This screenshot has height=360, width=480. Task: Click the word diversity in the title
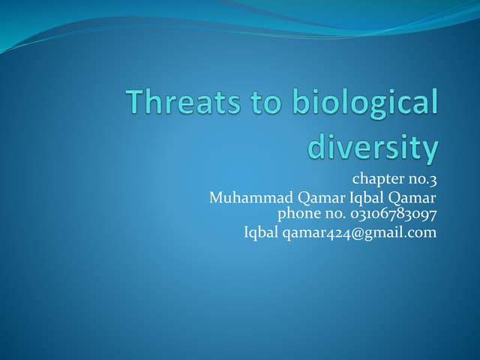coord(373,148)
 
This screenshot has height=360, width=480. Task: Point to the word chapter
coord(377,179)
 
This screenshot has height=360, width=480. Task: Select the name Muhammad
coord(243,198)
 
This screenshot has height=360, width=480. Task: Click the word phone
coord(298,214)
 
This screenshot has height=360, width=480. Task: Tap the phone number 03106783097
coord(394,214)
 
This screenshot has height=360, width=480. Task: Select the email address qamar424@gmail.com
coord(359,232)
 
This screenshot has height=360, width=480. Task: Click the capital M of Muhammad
coord(216,198)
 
